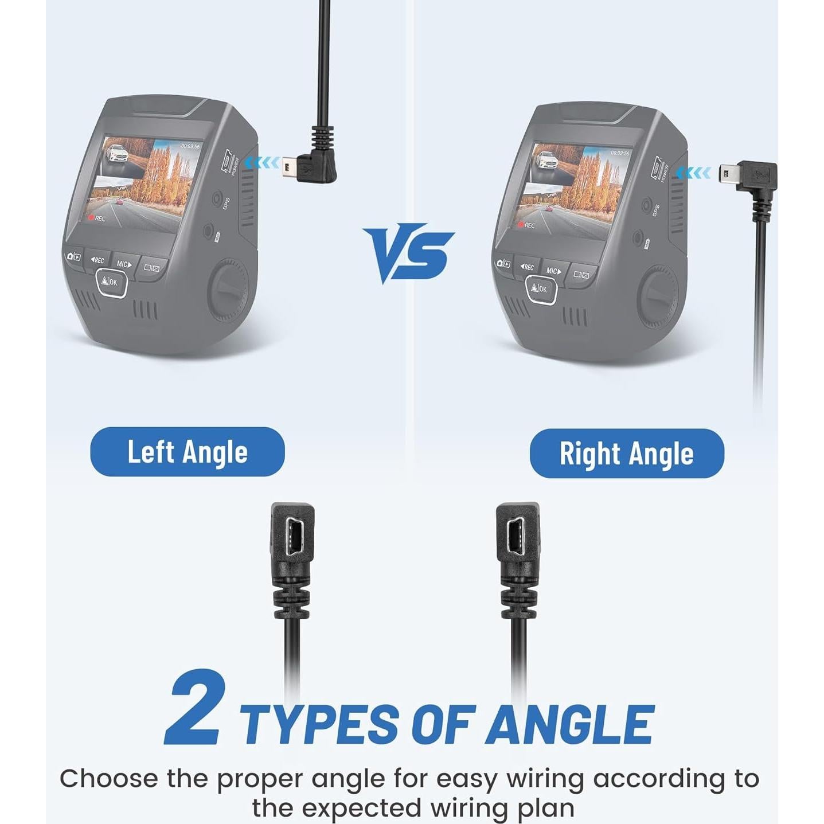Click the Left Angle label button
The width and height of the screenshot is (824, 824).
click(187, 452)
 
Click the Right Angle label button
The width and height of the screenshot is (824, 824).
click(626, 454)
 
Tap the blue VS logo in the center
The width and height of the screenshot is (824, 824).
click(408, 252)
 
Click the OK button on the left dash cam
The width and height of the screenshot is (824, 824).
click(111, 282)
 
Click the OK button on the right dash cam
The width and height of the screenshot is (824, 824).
click(541, 288)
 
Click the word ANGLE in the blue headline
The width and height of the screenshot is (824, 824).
click(570, 724)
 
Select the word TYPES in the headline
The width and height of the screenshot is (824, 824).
click(319, 724)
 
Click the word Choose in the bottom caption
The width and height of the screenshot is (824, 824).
click(108, 779)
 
